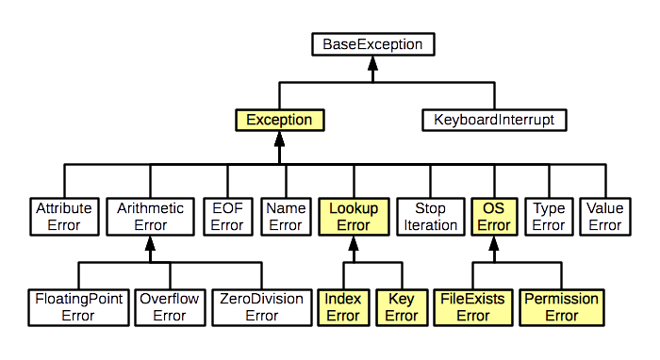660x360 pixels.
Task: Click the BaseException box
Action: pos(372,44)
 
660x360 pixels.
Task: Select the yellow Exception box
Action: pos(279,120)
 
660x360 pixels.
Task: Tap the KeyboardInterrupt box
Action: pos(493,120)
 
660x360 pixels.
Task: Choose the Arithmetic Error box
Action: pos(148,216)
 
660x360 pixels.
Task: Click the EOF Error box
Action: pos(226,216)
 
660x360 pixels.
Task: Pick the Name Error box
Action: pos(284,216)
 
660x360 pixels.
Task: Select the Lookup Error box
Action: pos(353,216)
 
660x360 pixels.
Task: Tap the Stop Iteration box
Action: pos(424,216)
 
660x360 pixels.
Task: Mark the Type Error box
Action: pos(548,216)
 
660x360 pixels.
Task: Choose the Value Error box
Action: pos(604,216)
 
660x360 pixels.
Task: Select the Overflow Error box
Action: pos(169,307)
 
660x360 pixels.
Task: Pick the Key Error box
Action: pos(401,307)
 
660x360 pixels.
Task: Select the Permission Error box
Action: pos(562,307)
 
